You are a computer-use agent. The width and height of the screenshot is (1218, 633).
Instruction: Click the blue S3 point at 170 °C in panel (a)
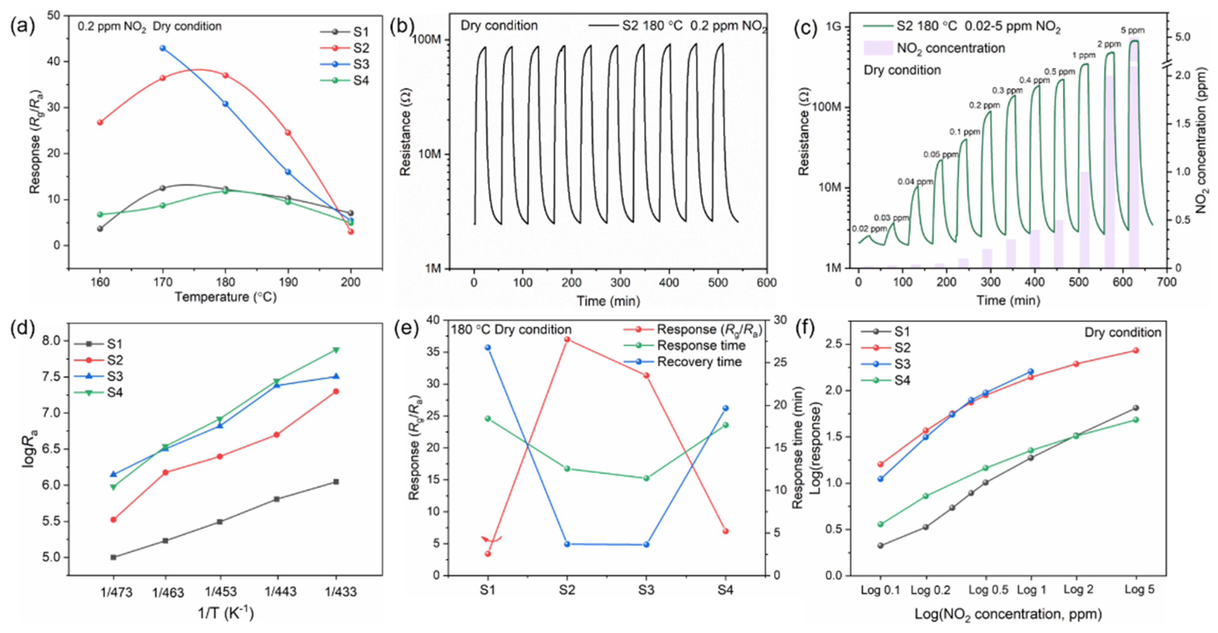(x=163, y=48)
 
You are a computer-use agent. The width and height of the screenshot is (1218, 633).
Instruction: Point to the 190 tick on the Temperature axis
(x=288, y=283)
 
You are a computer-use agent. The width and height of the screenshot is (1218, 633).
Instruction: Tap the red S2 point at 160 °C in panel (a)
(x=100, y=122)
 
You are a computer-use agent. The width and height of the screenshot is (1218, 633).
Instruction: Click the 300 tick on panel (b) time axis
(x=620, y=283)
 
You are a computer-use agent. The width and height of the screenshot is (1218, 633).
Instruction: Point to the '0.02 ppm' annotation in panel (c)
(x=869, y=229)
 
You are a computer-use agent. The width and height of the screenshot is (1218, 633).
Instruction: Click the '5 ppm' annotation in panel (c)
(x=1132, y=31)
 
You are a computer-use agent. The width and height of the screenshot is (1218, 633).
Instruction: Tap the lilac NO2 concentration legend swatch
(x=878, y=48)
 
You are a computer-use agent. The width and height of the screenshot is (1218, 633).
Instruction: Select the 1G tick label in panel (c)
(x=833, y=26)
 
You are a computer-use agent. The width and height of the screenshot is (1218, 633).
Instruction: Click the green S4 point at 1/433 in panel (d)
(x=336, y=350)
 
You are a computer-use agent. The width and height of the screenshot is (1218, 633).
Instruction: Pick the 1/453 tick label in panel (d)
(x=220, y=591)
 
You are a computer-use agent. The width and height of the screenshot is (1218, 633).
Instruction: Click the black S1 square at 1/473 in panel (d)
(x=113, y=558)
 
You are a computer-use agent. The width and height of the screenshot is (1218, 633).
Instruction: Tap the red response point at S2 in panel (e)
(x=567, y=339)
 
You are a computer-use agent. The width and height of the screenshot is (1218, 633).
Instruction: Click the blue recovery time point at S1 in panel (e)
(x=487, y=348)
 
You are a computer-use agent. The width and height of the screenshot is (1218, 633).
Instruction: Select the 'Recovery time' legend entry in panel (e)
(x=699, y=362)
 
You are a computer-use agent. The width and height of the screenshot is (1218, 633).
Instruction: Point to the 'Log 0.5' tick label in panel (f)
(x=988, y=590)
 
